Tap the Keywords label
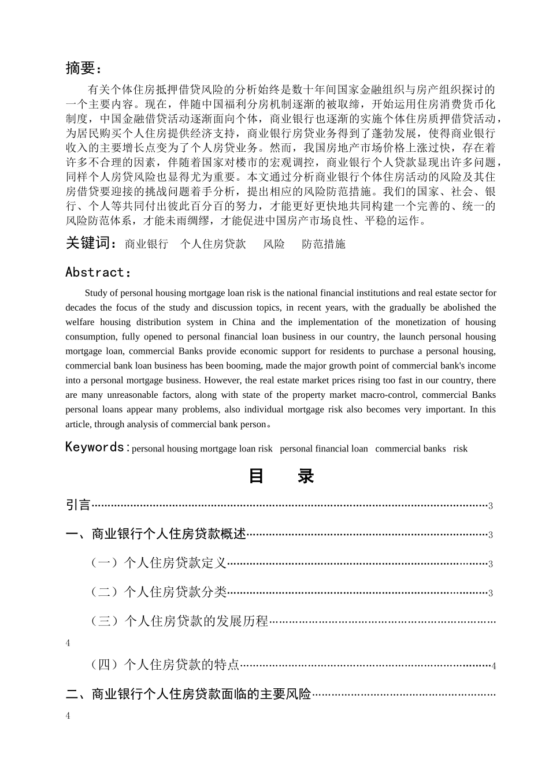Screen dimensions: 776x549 (x=95, y=447)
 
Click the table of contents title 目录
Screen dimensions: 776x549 (x=281, y=476)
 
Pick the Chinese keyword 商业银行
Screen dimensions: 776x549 (x=146, y=244)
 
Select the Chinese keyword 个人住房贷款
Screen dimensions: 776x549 (x=213, y=244)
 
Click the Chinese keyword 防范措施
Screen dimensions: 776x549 (x=324, y=244)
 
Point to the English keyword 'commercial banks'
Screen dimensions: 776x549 (x=410, y=449)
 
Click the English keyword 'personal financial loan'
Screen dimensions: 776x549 (x=324, y=449)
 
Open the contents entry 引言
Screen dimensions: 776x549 (x=79, y=505)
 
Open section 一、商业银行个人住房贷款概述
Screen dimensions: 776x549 (x=156, y=534)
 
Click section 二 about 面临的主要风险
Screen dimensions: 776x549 (x=188, y=694)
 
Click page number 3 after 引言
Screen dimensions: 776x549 (x=490, y=506)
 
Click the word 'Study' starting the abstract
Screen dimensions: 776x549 (x=96, y=293)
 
